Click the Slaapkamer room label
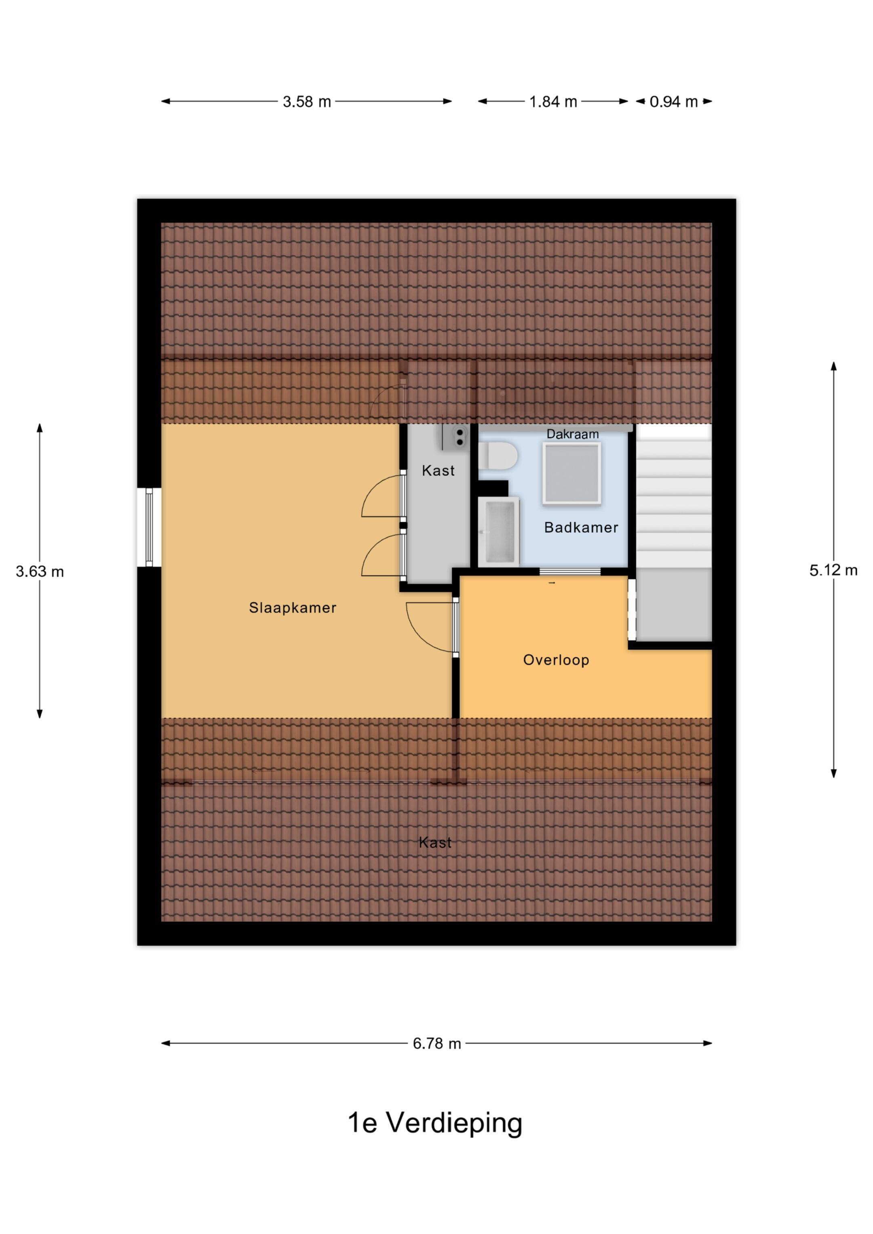[293, 608]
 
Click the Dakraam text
[573, 434]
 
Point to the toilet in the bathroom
[498, 456]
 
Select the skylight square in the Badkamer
[571, 473]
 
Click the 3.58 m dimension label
[307, 101]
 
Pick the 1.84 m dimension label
[553, 101]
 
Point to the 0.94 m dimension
[674, 101]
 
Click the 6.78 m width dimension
[437, 1043]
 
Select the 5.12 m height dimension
[834, 570]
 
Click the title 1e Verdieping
[435, 1124]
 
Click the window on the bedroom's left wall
[149, 527]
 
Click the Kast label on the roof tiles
[435, 842]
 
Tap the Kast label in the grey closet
[438, 471]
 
